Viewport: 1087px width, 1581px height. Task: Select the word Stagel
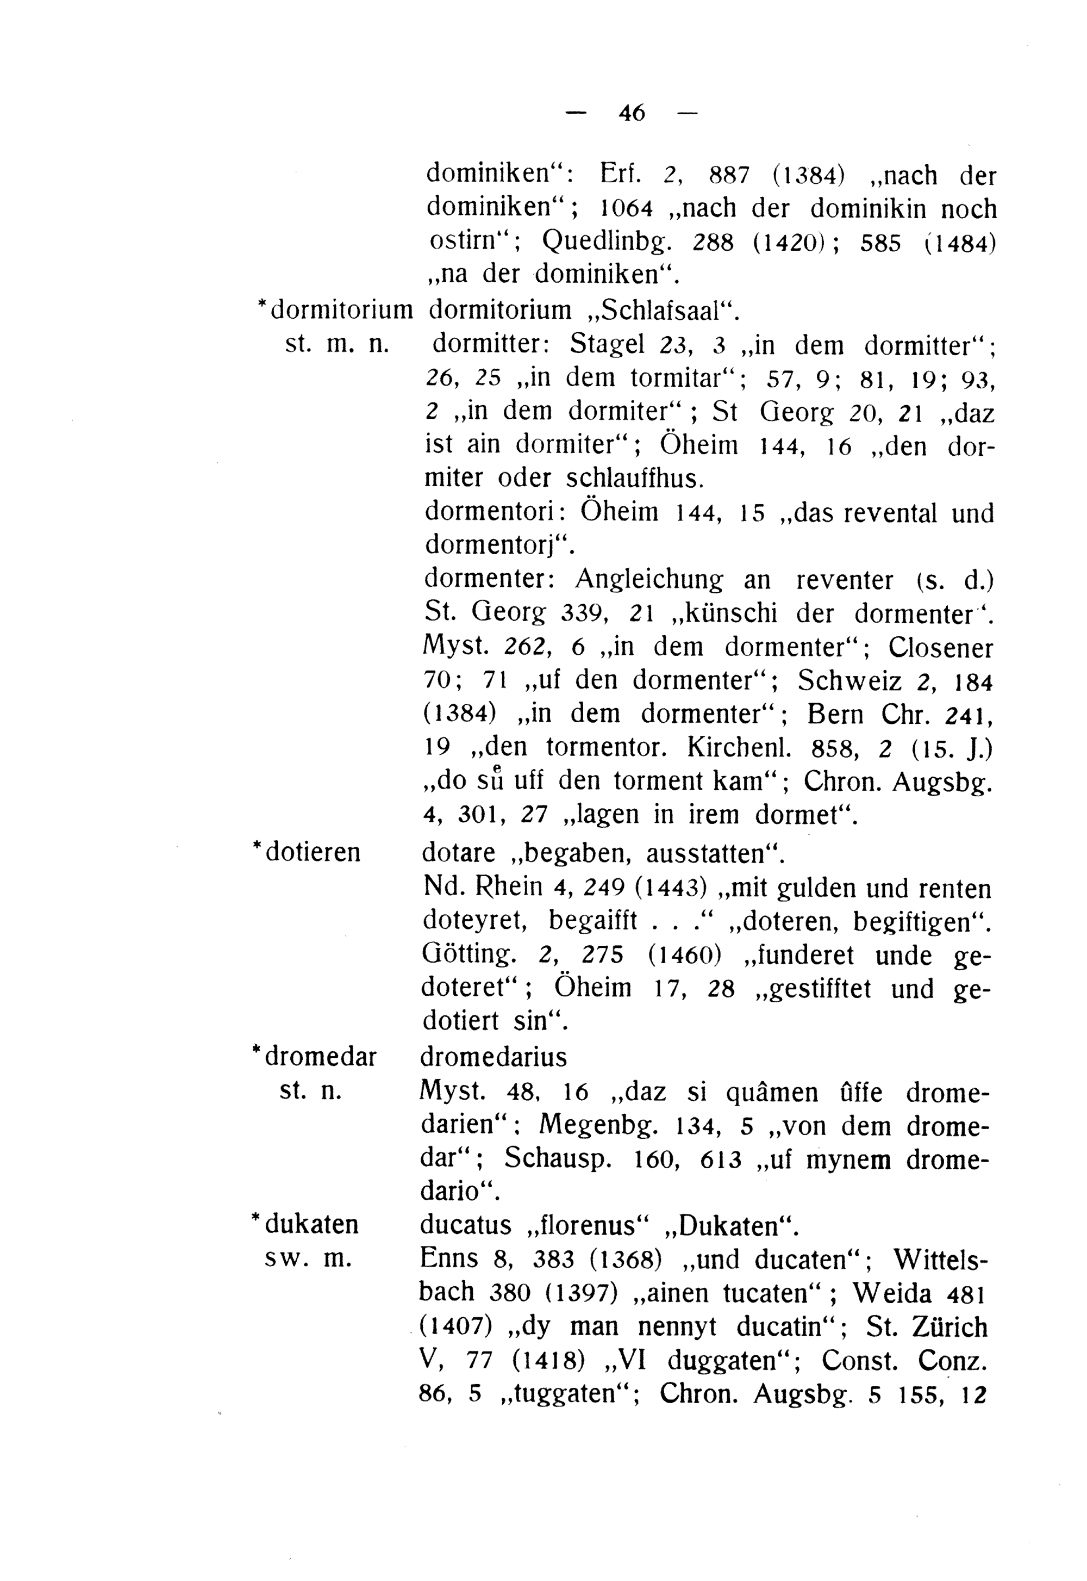pos(607,344)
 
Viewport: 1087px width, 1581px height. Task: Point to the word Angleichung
pos(648,580)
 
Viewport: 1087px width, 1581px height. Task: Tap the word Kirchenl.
pos(739,748)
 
